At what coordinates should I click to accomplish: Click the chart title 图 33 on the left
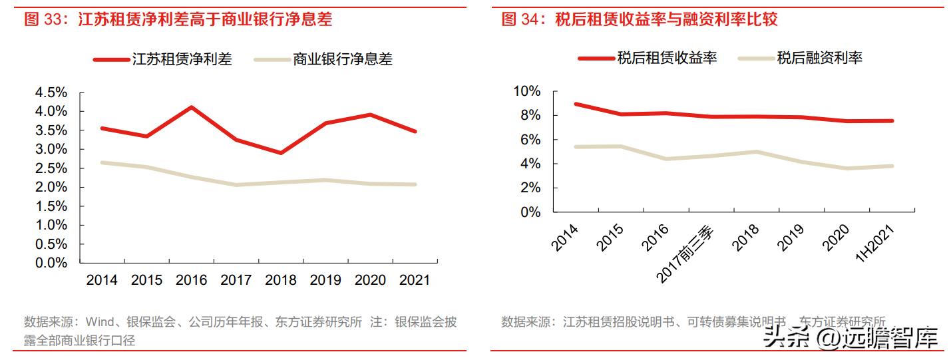[178, 20]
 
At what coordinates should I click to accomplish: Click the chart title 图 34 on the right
[639, 20]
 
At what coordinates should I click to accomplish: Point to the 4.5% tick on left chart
[51, 92]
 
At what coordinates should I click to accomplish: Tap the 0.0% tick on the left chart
[51, 263]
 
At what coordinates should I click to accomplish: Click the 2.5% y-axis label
[51, 168]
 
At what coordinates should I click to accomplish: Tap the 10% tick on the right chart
[526, 91]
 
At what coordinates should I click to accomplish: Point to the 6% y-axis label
[530, 140]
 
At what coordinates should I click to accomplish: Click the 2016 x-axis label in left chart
[192, 280]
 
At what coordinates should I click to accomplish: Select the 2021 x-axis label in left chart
[415, 280]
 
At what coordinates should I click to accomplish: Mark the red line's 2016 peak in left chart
[192, 107]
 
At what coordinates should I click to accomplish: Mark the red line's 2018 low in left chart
[281, 153]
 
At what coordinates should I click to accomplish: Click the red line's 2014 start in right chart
[575, 104]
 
